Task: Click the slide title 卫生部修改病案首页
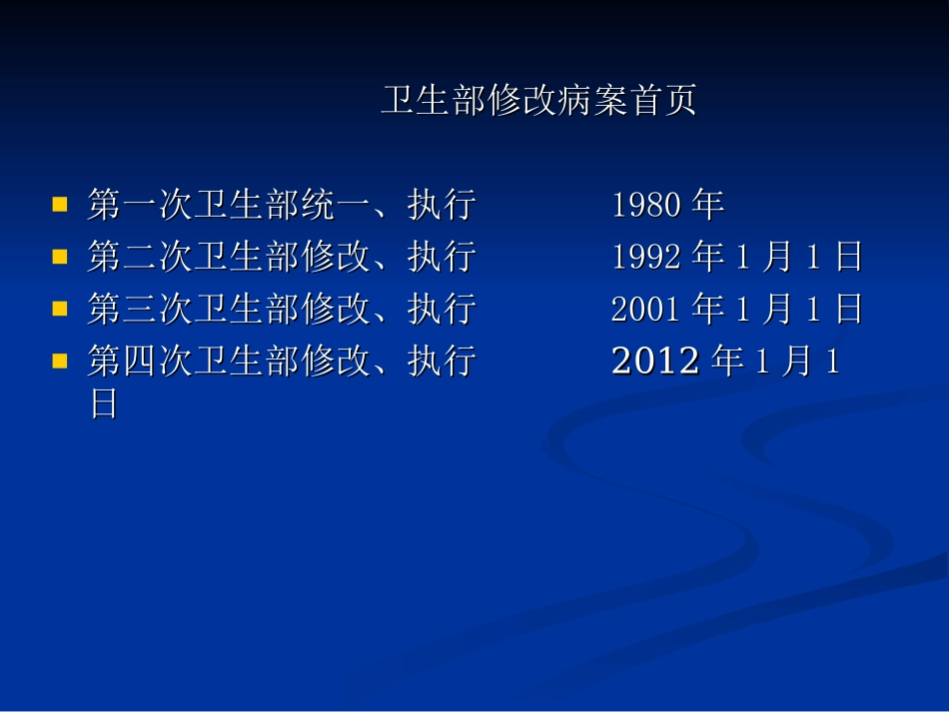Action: coord(538,101)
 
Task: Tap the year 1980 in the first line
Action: coord(646,206)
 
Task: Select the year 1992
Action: coord(646,258)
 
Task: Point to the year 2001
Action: coord(646,310)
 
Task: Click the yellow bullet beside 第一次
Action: coord(60,205)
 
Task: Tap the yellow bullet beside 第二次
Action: coord(60,257)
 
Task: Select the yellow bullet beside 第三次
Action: coord(60,309)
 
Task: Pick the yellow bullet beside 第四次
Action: coord(60,360)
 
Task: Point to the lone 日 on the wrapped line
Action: coord(104,404)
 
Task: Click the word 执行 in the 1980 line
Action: coord(442,206)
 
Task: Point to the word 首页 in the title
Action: coord(663,101)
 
